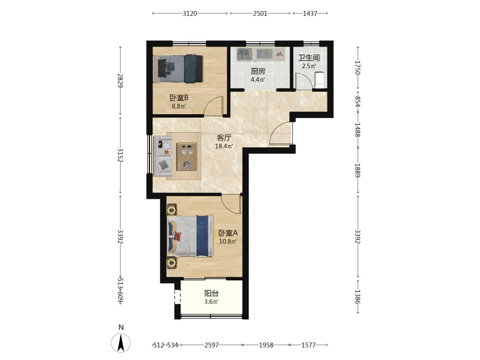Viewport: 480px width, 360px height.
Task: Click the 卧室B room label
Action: click(x=179, y=98)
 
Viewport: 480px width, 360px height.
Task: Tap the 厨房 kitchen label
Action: click(x=258, y=72)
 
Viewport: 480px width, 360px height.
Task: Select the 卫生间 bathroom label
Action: click(x=309, y=58)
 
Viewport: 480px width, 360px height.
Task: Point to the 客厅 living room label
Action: click(x=224, y=138)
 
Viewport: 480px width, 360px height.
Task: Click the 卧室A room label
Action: click(x=228, y=233)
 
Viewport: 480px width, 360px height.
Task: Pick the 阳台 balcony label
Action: click(x=212, y=293)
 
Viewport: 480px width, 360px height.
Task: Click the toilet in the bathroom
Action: click(x=319, y=80)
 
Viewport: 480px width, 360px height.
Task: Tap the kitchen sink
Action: click(x=245, y=55)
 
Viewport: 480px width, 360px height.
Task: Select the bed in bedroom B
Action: click(x=178, y=69)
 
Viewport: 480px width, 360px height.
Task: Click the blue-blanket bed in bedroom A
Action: click(x=191, y=236)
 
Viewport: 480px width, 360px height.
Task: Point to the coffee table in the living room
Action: click(x=186, y=156)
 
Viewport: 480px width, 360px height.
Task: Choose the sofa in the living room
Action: click(x=163, y=156)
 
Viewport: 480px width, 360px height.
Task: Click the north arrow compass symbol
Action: click(x=121, y=342)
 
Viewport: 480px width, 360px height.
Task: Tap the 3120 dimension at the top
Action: click(x=190, y=13)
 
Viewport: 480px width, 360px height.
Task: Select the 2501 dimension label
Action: click(x=260, y=13)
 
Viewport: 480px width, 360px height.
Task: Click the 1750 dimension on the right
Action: click(x=358, y=68)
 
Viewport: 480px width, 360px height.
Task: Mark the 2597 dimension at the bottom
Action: click(x=212, y=345)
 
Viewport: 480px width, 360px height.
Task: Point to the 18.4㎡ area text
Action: click(x=224, y=146)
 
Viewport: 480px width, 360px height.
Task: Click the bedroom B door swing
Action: click(x=214, y=106)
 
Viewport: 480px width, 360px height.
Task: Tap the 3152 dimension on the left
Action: click(x=120, y=155)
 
